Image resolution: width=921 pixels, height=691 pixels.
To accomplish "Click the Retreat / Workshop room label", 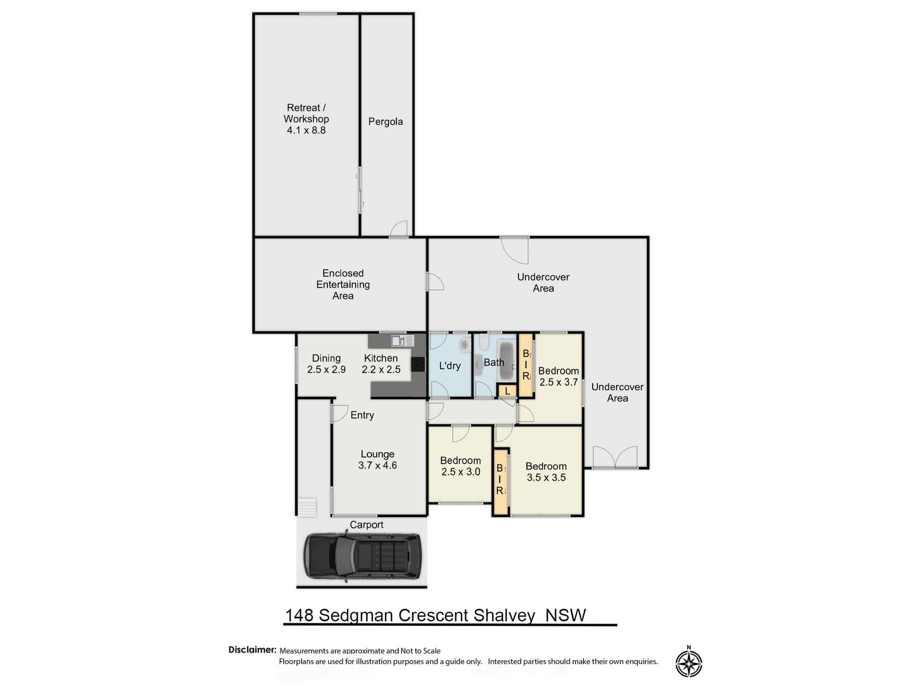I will (306, 119).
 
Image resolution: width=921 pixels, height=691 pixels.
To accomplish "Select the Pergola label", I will (385, 122).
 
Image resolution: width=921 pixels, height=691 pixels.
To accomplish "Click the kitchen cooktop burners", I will (418, 364).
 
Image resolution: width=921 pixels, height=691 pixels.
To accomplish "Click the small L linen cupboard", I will (507, 391).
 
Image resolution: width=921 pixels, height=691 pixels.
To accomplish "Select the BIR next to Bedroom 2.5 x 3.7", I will (525, 365).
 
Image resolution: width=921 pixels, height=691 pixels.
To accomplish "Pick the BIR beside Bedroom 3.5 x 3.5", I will (500, 480).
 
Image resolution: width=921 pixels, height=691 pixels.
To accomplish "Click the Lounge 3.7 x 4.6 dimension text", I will (377, 465).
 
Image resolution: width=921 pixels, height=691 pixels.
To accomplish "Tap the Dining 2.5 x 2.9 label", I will (326, 363).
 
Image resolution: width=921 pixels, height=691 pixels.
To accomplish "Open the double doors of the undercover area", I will (615, 458).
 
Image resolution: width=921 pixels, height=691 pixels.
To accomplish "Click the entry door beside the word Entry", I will (339, 413).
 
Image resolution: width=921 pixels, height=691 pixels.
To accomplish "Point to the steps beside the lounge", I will (307, 507).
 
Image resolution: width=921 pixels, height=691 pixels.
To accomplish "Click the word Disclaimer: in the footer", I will (252, 650).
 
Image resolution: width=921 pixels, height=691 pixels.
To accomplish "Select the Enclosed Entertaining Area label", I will (343, 284).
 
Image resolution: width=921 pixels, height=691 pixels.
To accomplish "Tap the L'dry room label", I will (449, 366).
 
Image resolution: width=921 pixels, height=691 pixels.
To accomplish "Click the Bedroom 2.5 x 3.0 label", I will (460, 466).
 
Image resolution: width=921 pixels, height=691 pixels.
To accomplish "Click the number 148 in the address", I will (299, 615).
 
